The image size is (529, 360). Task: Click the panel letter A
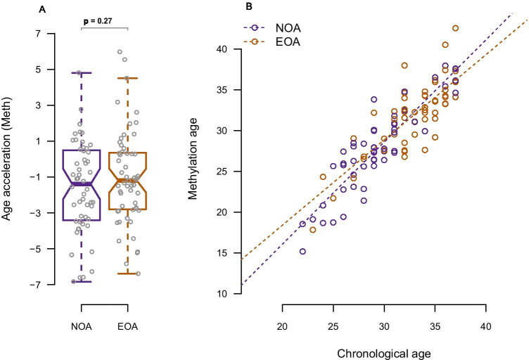tap(43, 8)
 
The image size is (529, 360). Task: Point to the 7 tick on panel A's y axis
tap(35, 33)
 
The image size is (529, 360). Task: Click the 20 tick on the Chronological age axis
tap(282, 328)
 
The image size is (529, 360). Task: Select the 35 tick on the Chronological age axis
tap(435, 328)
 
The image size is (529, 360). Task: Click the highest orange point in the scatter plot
tap(456, 28)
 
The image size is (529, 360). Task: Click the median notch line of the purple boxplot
tap(82, 184)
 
